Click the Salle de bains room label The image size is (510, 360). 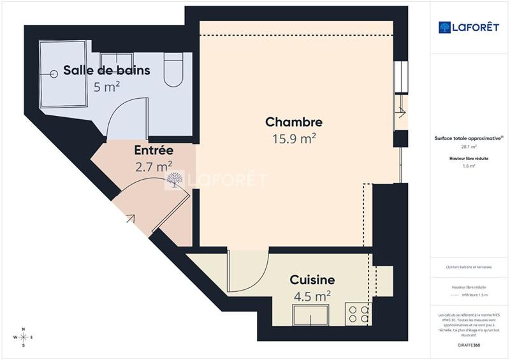point(106,70)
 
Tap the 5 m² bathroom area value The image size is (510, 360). point(106,87)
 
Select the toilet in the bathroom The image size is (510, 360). point(173,70)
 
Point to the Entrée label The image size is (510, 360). point(154,151)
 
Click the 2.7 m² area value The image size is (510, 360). point(154,167)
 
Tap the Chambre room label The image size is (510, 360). point(294,122)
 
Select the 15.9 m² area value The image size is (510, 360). point(294,138)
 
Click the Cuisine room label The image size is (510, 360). point(312,280)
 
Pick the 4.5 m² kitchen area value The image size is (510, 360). point(312,296)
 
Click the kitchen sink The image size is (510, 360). point(310,315)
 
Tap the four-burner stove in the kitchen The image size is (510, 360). point(357,313)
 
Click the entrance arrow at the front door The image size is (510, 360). point(130,219)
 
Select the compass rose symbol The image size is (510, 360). point(24,337)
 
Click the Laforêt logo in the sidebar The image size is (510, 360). point(469,27)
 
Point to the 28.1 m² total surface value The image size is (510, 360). point(469,147)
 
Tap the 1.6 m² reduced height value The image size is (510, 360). point(469,166)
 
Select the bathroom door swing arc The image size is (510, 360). point(121,115)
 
